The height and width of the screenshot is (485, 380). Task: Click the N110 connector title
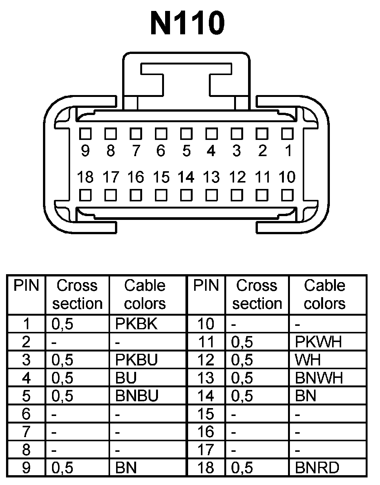pyautogui.click(x=187, y=23)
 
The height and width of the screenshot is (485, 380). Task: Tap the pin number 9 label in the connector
pyautogui.click(x=86, y=151)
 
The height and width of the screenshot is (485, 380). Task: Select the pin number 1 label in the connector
pyautogui.click(x=288, y=151)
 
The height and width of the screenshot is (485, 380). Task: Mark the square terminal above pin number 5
pyautogui.click(x=186, y=134)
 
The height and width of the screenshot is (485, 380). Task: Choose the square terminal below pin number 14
pyautogui.click(x=186, y=195)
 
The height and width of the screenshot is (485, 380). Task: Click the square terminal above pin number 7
pyautogui.click(x=136, y=134)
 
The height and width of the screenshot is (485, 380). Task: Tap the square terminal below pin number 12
pyautogui.click(x=237, y=195)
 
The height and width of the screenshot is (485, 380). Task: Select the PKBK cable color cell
pyautogui.click(x=136, y=324)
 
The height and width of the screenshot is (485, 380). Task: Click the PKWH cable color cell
pyautogui.click(x=319, y=342)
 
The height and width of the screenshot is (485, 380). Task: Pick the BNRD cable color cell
pyautogui.click(x=317, y=468)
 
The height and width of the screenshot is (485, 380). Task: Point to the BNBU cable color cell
pyautogui.click(x=137, y=396)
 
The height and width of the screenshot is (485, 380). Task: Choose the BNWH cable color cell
pyautogui.click(x=319, y=378)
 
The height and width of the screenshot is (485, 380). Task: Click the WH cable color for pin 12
pyautogui.click(x=308, y=360)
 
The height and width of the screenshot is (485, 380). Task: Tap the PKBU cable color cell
pyautogui.click(x=137, y=360)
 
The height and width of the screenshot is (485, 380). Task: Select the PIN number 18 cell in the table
pyautogui.click(x=206, y=468)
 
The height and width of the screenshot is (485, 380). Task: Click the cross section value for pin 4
pyautogui.click(x=63, y=378)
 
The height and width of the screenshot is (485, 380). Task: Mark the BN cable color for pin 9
pyautogui.click(x=126, y=468)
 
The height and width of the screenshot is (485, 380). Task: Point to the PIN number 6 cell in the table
pyautogui.click(x=26, y=414)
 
